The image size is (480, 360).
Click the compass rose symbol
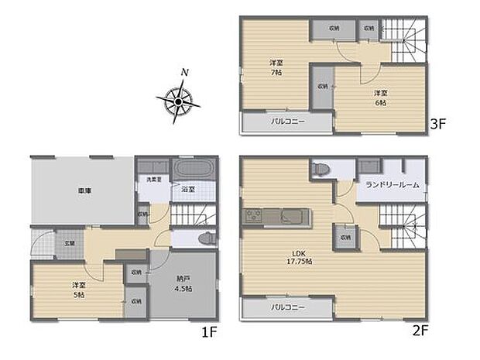click(178, 100)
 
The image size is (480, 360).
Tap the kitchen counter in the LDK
click(277, 215)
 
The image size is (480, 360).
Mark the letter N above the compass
click(183, 73)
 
